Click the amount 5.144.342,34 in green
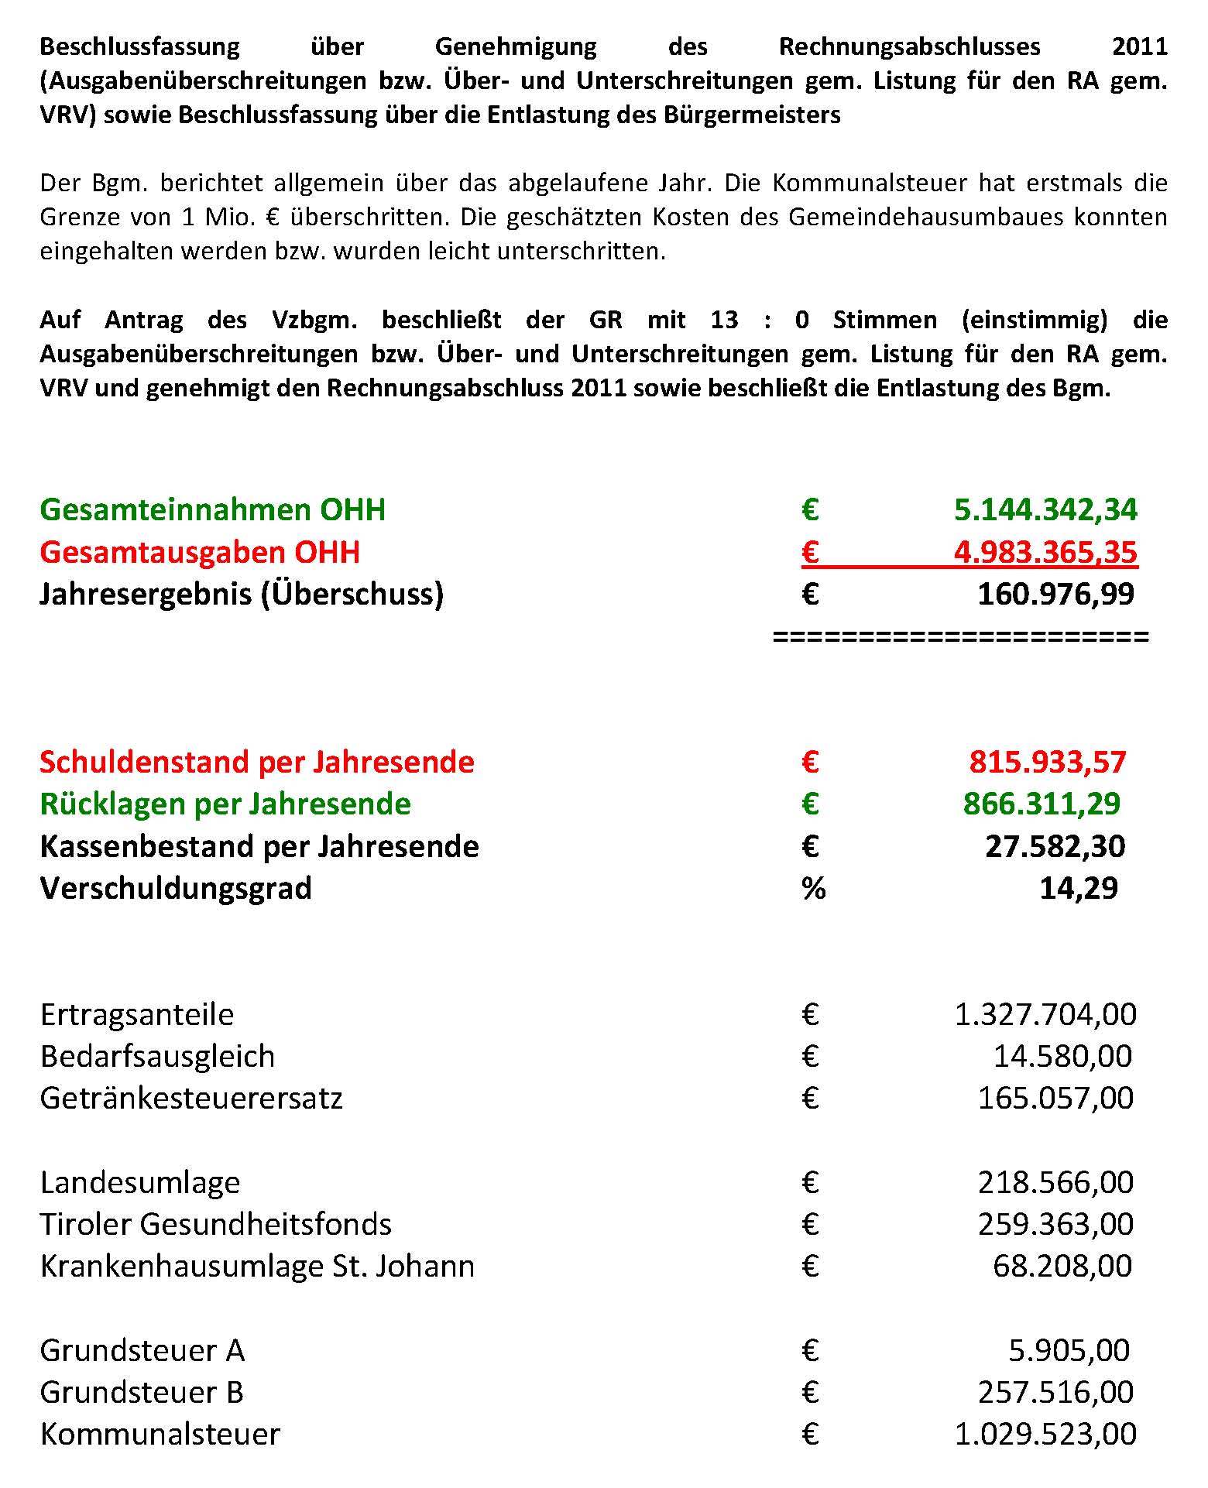click(x=1045, y=509)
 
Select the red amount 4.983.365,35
click(x=1045, y=552)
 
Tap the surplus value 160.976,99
click(x=1055, y=594)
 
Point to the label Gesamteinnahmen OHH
click(x=212, y=509)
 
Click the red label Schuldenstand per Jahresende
click(x=256, y=762)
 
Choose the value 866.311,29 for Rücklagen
click(x=1042, y=804)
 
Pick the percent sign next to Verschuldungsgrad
click(x=813, y=888)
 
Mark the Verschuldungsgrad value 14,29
click(x=1079, y=888)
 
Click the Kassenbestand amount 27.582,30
click(x=1055, y=846)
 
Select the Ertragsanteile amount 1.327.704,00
click(x=1045, y=1014)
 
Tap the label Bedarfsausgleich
click(x=157, y=1056)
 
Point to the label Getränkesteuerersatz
click(x=190, y=1098)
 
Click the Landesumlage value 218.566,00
click(x=1055, y=1182)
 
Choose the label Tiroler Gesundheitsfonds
click(x=215, y=1224)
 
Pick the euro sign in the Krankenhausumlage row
click(x=810, y=1266)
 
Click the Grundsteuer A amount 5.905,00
click(x=1069, y=1350)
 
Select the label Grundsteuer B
click(x=142, y=1392)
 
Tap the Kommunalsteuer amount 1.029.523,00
click(x=1045, y=1434)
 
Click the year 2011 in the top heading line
click(x=1139, y=46)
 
